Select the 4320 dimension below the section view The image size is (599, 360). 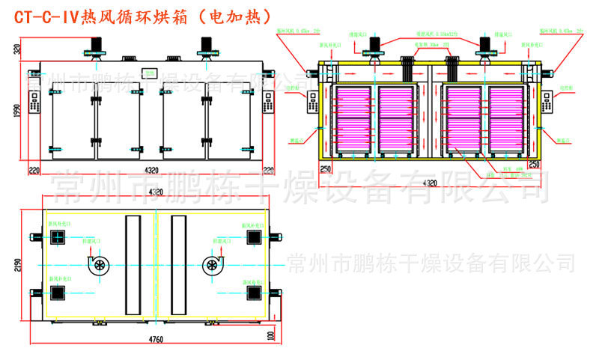(428, 183)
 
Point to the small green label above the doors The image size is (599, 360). (150, 73)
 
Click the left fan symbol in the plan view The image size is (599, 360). (98, 266)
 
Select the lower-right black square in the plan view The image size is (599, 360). (255, 292)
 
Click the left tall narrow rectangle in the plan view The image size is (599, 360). (133, 264)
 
